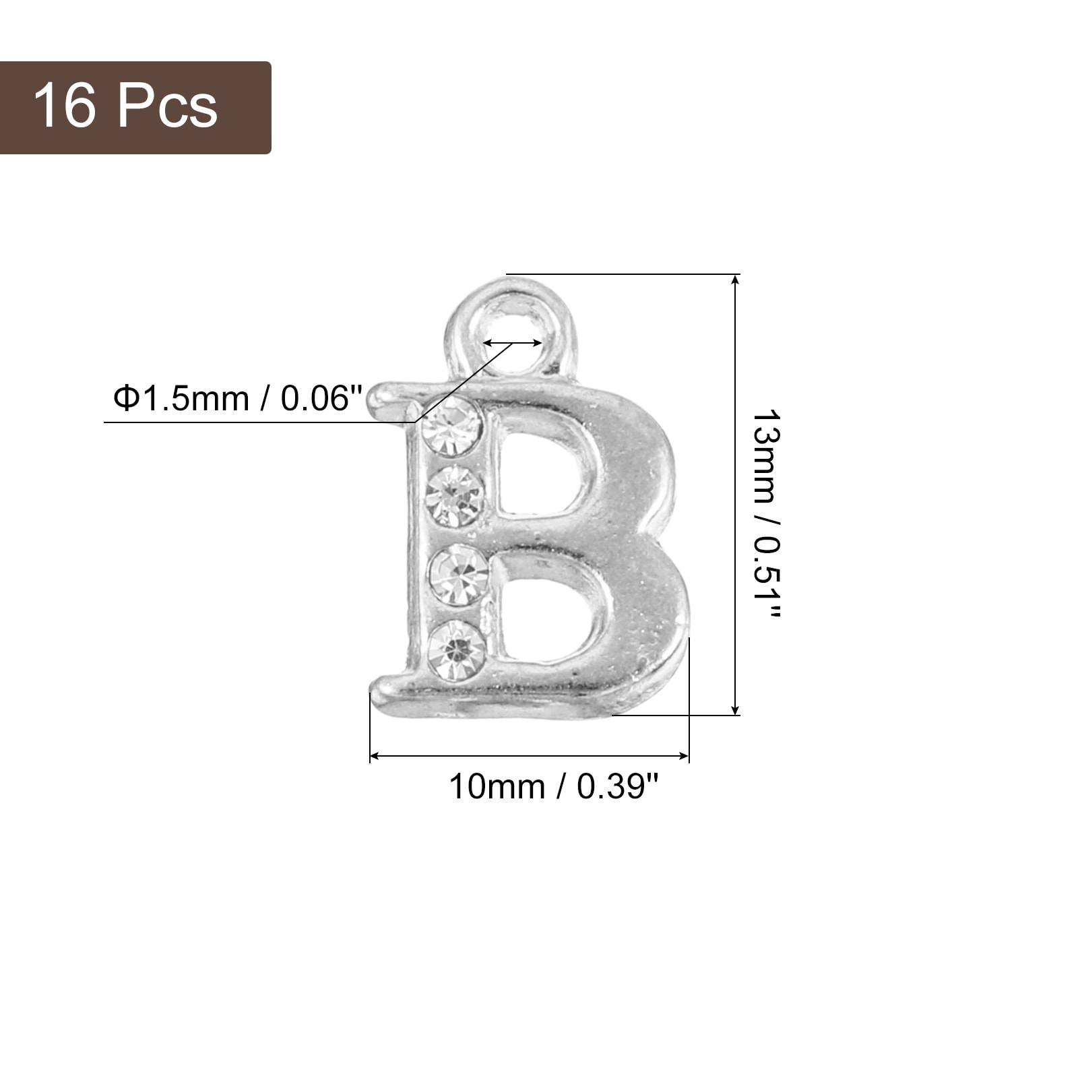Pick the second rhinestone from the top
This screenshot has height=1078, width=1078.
[455, 497]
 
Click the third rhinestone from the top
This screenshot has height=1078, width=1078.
[459, 575]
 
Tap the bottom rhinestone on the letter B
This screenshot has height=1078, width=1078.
[457, 649]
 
